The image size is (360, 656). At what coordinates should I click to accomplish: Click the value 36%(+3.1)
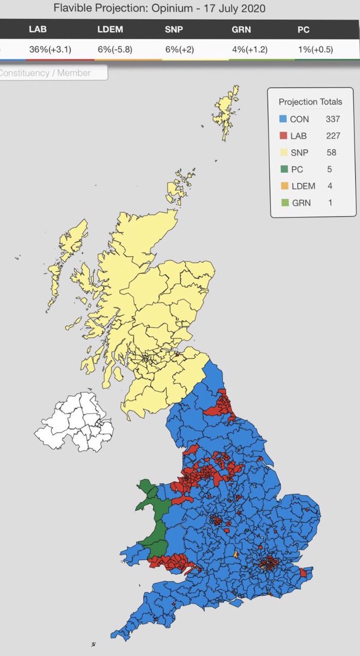[x=50, y=49]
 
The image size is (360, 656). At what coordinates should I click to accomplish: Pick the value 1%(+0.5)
[x=310, y=49]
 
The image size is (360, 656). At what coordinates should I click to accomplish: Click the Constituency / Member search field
[x=52, y=72]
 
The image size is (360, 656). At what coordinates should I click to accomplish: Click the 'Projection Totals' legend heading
[x=310, y=102]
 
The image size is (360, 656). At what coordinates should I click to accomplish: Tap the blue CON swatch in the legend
[x=282, y=119]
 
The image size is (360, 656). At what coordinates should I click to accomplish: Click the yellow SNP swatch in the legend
[x=282, y=153]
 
